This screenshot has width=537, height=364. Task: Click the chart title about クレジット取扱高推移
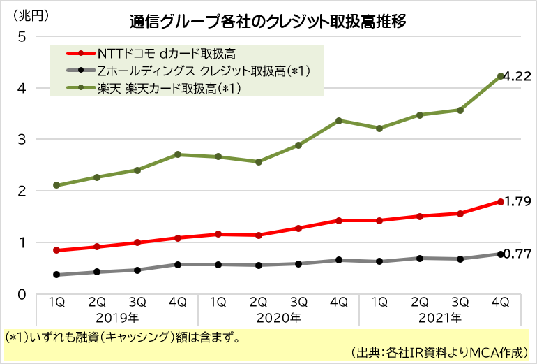268,21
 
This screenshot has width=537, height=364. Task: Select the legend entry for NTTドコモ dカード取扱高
167,53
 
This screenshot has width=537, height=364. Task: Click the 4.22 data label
518,77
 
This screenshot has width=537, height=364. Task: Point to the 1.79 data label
518,202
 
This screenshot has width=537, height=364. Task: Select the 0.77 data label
518,254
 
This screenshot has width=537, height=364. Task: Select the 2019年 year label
116,319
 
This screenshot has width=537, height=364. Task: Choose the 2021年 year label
439,319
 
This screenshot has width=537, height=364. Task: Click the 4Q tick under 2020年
339,303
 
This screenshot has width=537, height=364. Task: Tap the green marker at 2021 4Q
501,76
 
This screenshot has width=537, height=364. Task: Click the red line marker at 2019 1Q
56,250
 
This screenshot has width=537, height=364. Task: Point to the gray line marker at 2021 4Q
501,254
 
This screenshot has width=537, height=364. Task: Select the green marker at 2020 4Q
339,120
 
